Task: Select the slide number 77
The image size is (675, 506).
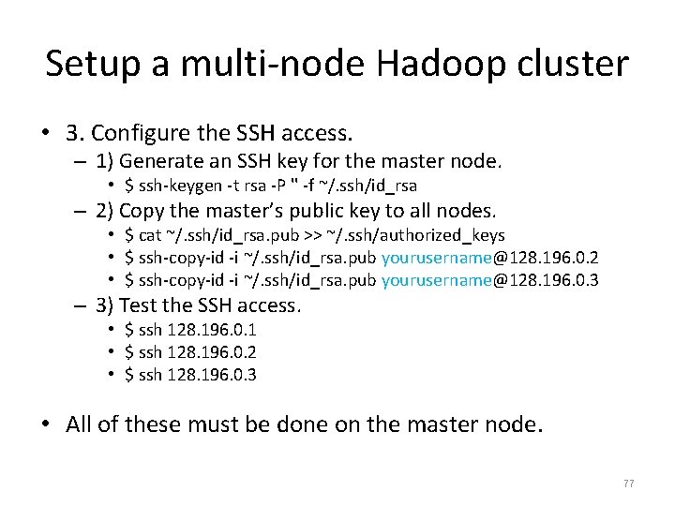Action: coord(628,484)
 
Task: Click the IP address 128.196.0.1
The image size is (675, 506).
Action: coord(211,330)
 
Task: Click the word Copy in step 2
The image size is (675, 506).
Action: coord(142,210)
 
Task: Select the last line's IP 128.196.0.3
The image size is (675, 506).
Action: coord(211,375)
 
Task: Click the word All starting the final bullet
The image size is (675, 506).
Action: coord(80,424)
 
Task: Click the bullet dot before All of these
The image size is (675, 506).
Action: coord(46,424)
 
